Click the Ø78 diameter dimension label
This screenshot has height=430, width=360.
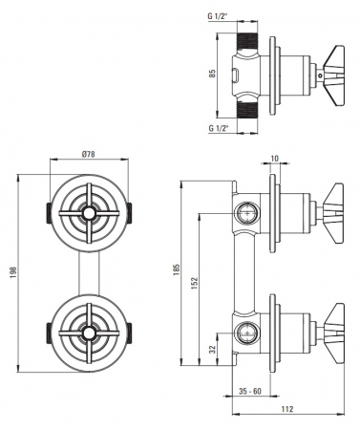tap(88, 154)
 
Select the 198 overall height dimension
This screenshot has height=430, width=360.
tap(13, 272)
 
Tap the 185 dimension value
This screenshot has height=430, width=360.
tap(177, 269)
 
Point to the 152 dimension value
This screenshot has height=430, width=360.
tap(195, 284)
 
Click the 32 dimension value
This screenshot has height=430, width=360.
tap(213, 350)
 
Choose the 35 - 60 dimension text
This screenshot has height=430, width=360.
tap(250, 391)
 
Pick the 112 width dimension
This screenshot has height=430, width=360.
tap(287, 409)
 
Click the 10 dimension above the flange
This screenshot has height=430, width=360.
tap(275, 159)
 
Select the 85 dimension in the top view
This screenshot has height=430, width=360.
tap(213, 74)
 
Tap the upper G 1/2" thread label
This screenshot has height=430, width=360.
tap(219, 16)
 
